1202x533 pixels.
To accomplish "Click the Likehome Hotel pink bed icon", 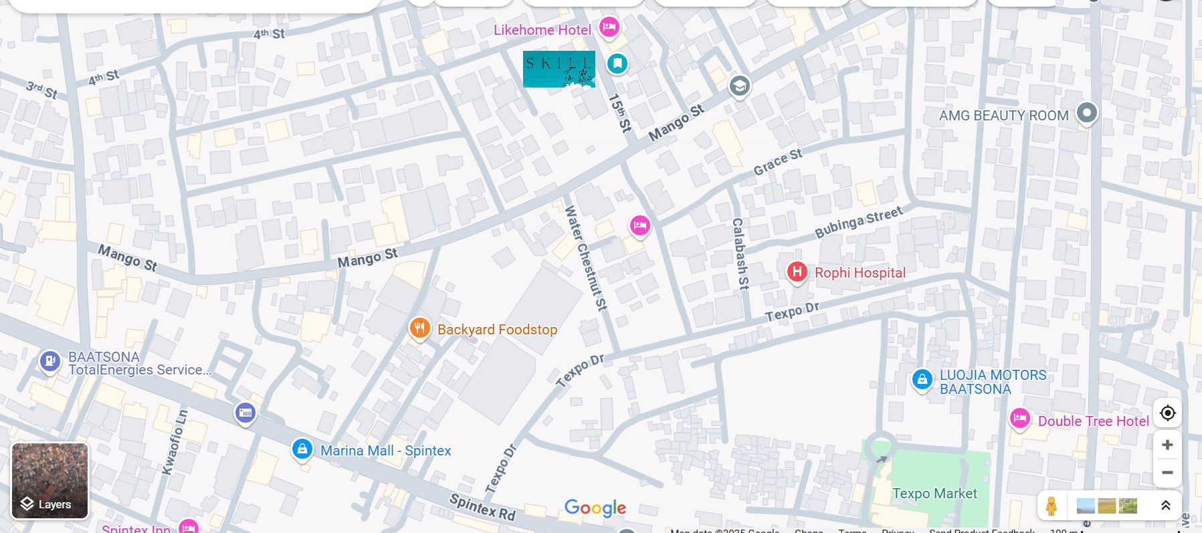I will tap(609, 27).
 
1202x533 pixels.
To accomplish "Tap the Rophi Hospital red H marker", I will tap(797, 272).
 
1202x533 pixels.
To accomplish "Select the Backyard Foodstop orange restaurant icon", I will tap(419, 328).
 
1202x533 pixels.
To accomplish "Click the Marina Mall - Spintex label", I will tap(385, 451).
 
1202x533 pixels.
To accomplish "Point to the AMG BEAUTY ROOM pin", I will tap(1086, 112).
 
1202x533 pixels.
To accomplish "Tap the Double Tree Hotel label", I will tap(1093, 421).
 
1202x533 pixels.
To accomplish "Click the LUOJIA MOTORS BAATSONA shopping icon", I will tap(922, 380).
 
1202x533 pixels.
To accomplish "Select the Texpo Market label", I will tap(934, 494).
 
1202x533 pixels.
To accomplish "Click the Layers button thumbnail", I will tap(50, 481).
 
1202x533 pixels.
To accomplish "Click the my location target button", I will tap(1167, 413).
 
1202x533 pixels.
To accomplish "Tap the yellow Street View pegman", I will tap(1051, 506).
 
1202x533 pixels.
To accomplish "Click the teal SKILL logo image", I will tap(559, 69).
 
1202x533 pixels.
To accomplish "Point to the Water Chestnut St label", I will tap(585, 257).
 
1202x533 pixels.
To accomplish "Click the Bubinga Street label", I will tap(858, 223).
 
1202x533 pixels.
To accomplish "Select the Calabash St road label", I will tap(739, 253).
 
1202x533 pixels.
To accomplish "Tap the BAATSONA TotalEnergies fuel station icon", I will tap(49, 361).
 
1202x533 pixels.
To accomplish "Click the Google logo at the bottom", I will tap(595, 508).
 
